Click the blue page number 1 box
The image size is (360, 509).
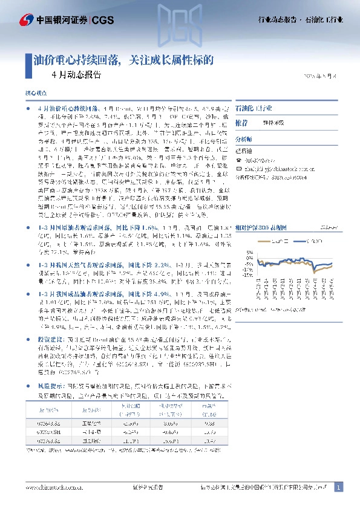[338, 487]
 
